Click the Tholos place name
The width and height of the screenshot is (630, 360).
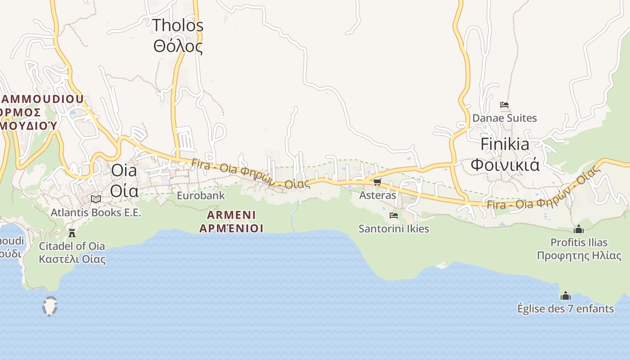(178, 26)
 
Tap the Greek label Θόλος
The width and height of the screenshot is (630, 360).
(178, 46)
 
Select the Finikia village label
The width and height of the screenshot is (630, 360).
(505, 144)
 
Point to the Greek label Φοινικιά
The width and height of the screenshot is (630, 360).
(505, 165)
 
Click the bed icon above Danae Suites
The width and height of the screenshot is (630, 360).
(504, 105)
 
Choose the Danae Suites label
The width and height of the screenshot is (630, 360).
(504, 118)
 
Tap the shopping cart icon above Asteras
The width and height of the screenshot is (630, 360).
(377, 182)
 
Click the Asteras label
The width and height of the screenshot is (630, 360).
(378, 195)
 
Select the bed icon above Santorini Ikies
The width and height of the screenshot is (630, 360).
(394, 216)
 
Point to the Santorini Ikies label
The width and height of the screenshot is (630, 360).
(394, 229)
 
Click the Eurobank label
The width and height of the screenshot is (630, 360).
(201, 196)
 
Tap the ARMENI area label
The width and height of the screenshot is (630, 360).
(231, 215)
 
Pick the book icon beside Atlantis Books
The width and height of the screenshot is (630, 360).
(95, 199)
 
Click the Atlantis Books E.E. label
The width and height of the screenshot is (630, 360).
(96, 212)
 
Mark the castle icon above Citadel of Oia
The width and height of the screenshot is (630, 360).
(72, 233)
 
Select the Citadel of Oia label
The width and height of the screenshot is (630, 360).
(72, 246)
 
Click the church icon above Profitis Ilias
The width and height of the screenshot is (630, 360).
(579, 229)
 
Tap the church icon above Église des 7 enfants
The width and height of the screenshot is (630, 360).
(566, 296)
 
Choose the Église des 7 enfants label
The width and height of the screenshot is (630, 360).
(566, 309)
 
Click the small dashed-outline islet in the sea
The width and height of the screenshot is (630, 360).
(49, 306)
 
